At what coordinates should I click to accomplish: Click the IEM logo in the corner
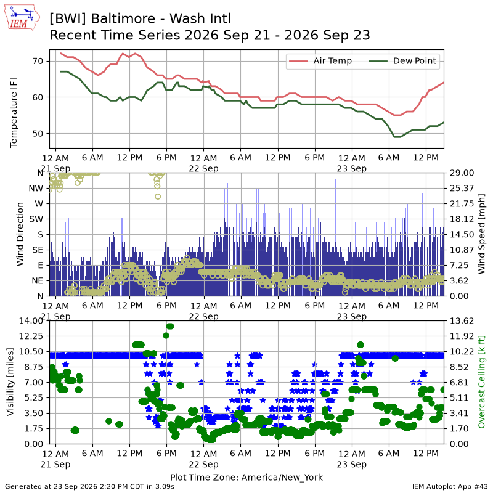pos(22,17)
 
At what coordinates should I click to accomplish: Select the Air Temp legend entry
pos(320,61)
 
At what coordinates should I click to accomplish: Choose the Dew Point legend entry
pos(402,61)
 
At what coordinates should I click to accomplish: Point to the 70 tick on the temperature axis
pos(38,61)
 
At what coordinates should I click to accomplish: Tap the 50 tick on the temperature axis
pos(38,134)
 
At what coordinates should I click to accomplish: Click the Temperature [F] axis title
pos(14,113)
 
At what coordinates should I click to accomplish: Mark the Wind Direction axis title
pos(20,234)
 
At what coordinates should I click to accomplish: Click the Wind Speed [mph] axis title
pos(481,234)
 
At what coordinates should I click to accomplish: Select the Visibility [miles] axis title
pos(10,381)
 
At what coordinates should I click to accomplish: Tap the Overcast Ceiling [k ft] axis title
pos(481,381)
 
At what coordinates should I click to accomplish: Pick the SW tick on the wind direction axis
pos(36,219)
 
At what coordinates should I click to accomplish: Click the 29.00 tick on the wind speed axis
pos(462,173)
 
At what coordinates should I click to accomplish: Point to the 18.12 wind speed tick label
pos(462,219)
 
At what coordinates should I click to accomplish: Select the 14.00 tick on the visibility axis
pos(31,320)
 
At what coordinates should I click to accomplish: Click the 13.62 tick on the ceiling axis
pos(462,320)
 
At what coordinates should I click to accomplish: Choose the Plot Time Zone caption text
pos(246,477)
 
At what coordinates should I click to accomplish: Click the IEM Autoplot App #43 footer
pos(450,487)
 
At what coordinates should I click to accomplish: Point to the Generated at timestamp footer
pos(89,487)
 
